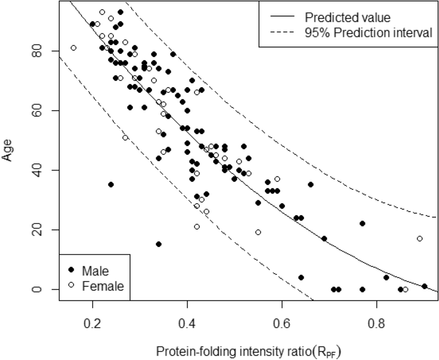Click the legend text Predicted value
(x=347, y=18)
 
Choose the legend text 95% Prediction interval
(x=368, y=33)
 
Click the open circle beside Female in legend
(x=71, y=286)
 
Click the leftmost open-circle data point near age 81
(x=73, y=48)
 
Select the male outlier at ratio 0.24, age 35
(x=111, y=185)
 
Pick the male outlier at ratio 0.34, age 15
(x=158, y=244)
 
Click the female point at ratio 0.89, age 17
(x=420, y=238)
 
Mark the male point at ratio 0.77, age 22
(x=363, y=223)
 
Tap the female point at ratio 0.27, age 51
(x=125, y=137)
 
